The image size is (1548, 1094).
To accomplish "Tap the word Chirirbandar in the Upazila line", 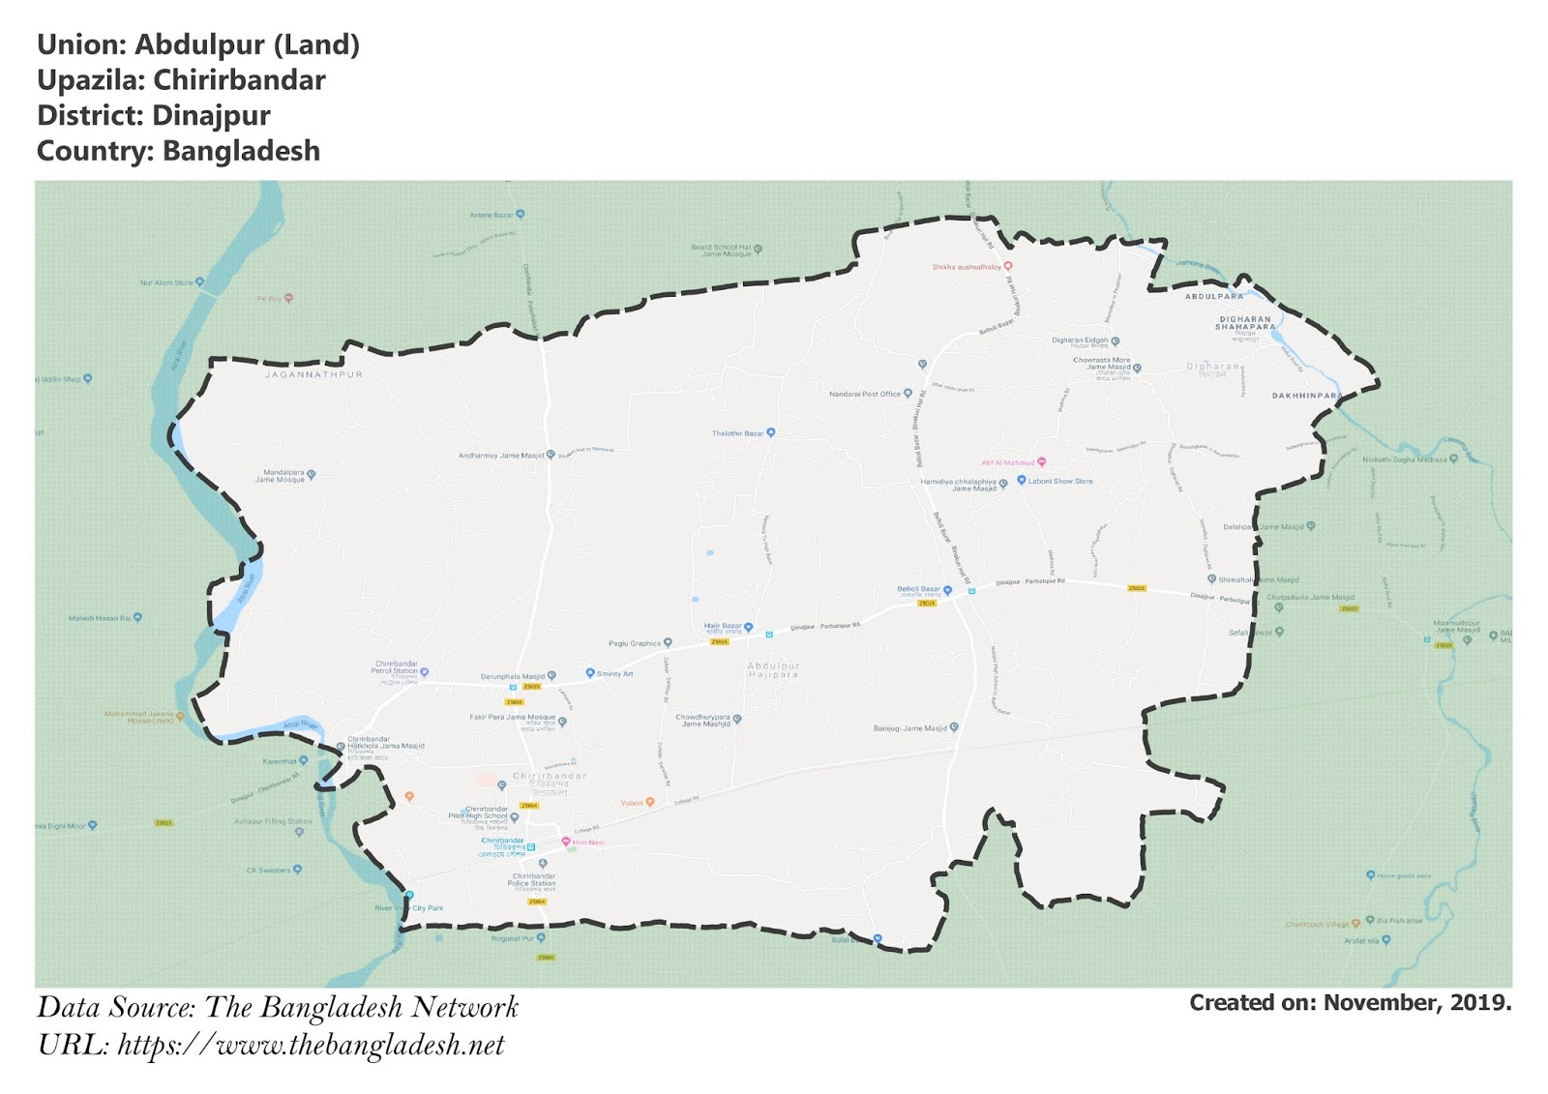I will [x=239, y=80].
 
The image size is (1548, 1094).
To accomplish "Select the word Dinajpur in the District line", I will [x=211, y=116].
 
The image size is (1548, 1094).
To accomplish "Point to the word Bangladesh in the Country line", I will [x=241, y=152].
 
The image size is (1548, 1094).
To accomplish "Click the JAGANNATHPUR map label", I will [x=313, y=374].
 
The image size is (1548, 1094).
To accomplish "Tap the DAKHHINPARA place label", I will [x=1306, y=396].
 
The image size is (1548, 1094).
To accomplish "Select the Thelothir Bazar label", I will [x=738, y=433].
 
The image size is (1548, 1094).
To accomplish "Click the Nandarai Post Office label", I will [x=865, y=394].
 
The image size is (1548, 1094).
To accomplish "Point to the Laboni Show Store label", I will [x=1060, y=481].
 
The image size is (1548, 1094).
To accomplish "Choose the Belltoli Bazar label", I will [x=919, y=589].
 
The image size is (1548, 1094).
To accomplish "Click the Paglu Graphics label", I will [x=635, y=643].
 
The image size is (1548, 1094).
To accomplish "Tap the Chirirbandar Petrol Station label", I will [x=396, y=667].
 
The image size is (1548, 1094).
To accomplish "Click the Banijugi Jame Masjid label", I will [x=910, y=728].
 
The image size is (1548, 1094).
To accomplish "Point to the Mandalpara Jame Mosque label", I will [x=281, y=476].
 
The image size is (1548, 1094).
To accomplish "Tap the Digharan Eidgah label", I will [x=1080, y=340].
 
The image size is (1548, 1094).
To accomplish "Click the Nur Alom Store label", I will [x=166, y=282].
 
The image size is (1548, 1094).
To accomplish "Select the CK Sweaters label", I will [x=268, y=870].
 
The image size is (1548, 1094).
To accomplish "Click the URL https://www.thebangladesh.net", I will [x=311, y=1046].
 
